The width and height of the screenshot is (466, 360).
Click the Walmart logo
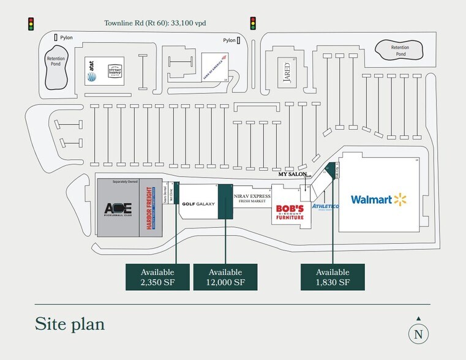tap(378, 200)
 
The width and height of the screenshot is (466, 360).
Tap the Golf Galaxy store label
tap(198, 204)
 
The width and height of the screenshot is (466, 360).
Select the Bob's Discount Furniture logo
tap(289, 211)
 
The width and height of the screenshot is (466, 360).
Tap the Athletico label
tap(325, 206)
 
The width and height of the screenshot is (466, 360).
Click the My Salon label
tap(291, 174)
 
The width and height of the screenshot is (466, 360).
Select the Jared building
tap(286, 71)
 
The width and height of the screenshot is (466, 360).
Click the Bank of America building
tap(215, 66)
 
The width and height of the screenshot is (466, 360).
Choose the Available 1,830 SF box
tap(333, 277)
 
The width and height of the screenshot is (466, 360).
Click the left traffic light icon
tap(29, 24)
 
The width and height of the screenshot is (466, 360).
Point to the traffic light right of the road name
tap(252, 23)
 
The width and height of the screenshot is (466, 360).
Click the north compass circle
tap(418, 334)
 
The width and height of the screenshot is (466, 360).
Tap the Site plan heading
tap(69, 323)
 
